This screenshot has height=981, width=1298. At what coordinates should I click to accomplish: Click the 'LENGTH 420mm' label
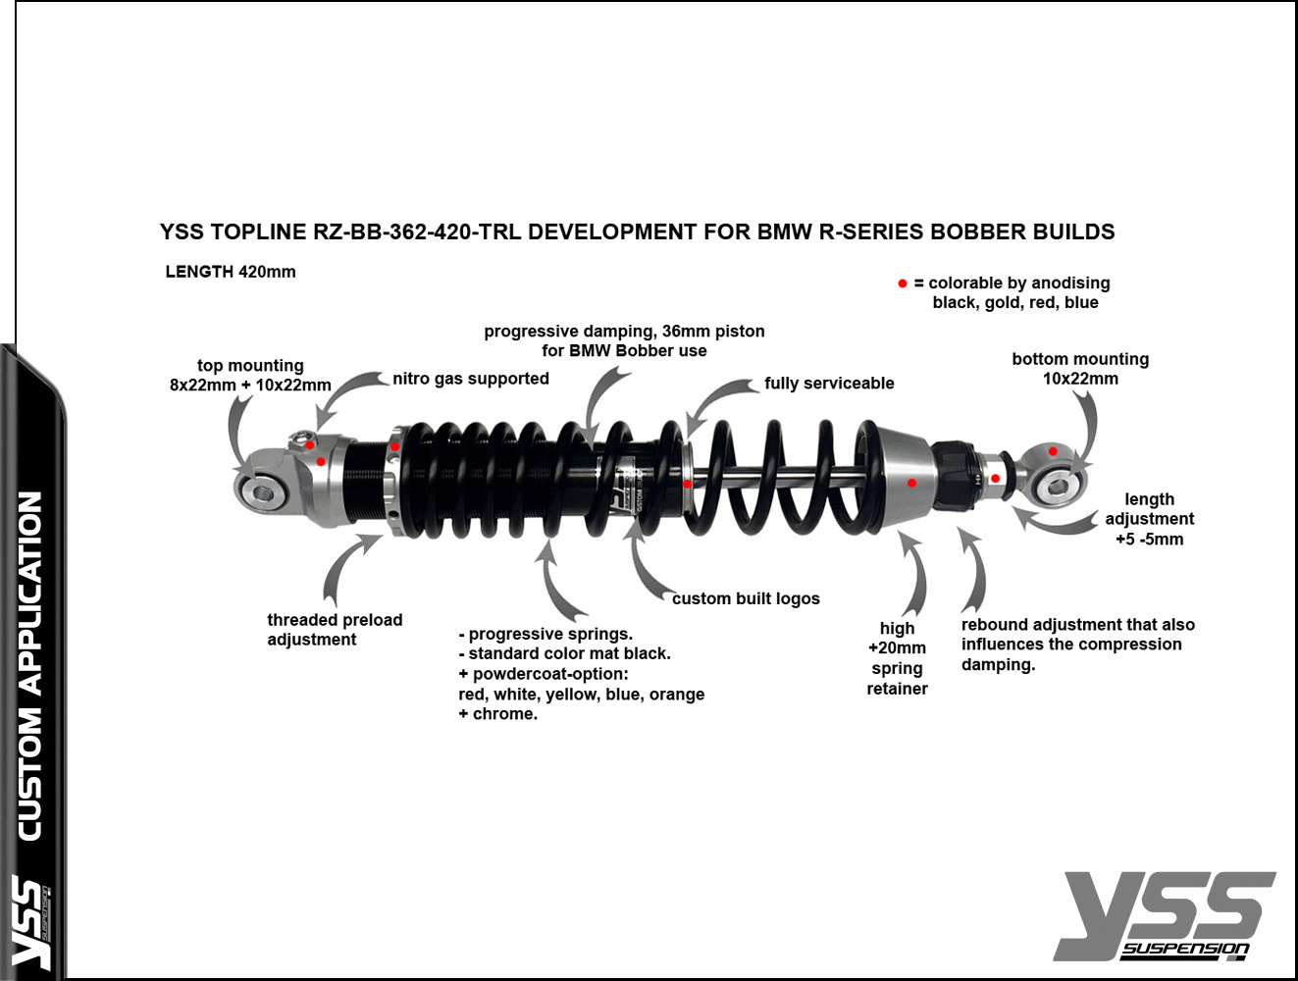230,272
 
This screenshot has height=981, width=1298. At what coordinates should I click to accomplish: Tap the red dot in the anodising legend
903,284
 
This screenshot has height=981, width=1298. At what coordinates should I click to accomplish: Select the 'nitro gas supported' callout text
471,379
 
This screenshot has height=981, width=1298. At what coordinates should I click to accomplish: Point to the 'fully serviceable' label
829,384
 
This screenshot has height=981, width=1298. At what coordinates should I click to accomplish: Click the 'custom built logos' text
746,598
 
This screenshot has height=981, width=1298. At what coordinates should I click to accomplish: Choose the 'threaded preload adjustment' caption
335,630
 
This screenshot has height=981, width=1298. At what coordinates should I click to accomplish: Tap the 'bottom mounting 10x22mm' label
1080,369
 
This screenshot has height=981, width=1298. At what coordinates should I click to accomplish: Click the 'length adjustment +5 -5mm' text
1150,519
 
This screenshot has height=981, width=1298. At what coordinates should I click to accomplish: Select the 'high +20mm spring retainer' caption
897,658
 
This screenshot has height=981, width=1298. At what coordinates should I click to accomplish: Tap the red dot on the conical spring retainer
911,483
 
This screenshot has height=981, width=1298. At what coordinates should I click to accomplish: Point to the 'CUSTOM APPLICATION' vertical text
30,665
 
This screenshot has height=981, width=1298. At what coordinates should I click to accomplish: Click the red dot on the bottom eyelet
1053,452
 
